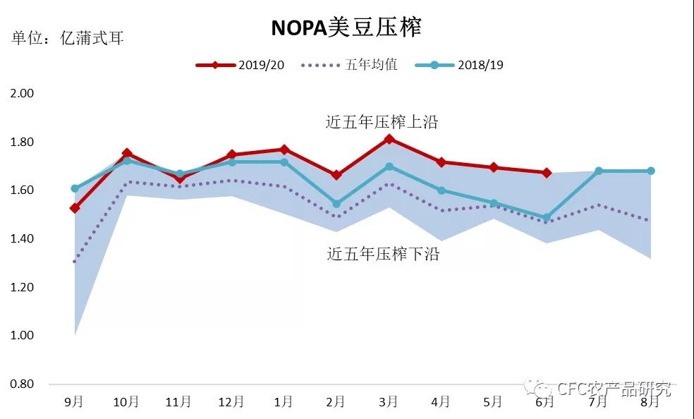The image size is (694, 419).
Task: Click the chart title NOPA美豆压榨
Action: pos(346,28)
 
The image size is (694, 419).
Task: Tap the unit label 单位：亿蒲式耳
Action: pos(67,38)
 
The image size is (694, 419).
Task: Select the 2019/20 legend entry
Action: pos(240,65)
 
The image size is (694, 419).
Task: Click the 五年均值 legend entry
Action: pos(349,65)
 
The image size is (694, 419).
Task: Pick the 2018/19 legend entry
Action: pos(459,65)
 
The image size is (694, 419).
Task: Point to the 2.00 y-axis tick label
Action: pos(22,93)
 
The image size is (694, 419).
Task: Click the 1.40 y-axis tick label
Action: pos(22,239)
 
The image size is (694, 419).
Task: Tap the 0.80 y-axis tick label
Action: pos(22,384)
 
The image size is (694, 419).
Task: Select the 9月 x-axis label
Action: pos(74,402)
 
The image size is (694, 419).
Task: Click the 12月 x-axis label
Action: pos(231,402)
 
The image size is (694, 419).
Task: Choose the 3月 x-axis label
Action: pos(388,402)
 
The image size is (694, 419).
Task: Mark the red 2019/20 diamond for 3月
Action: pos(389,140)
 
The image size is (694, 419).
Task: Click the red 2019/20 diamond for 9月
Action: pos(75,208)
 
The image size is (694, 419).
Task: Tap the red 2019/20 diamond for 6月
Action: pos(547,173)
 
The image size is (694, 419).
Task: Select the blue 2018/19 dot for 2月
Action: pos(336,204)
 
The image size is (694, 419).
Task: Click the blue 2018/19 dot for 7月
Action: pos(599,171)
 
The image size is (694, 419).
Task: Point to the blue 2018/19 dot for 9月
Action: pos(75,188)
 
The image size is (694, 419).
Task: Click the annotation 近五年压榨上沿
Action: pos(382,122)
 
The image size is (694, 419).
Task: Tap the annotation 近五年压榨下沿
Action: pos(383,254)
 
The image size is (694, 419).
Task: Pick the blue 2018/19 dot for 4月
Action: pos(442,190)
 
